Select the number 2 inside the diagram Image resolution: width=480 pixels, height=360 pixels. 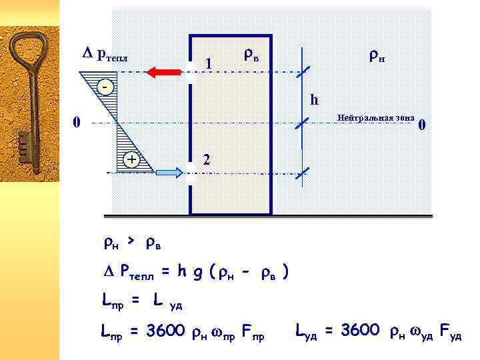click(207, 159)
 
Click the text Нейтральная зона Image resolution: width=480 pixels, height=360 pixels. click(377, 117)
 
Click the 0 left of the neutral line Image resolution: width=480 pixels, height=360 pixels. click(77, 122)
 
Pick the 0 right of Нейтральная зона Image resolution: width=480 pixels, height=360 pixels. click(421, 125)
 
